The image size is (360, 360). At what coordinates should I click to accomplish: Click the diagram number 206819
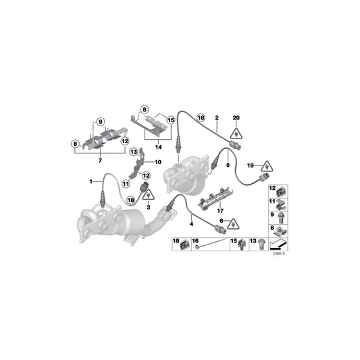pyautogui.click(x=279, y=254)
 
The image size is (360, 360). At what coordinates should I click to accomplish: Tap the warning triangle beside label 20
pyautogui.click(x=236, y=134)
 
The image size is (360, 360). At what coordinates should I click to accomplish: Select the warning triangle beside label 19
pyautogui.click(x=267, y=166)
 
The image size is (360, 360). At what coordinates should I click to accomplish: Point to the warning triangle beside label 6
pyautogui.click(x=233, y=224)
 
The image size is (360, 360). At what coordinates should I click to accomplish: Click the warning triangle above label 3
pyautogui.click(x=149, y=195)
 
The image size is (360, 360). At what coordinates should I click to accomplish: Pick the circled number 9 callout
pyautogui.click(x=101, y=122)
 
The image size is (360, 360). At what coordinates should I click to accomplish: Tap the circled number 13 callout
pyautogui.click(x=134, y=152)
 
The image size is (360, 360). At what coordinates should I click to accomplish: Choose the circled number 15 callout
pyautogui.click(x=171, y=120)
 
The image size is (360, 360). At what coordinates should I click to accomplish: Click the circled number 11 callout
pyautogui.click(x=126, y=184)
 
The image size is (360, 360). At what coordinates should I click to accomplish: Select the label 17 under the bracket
pyautogui.click(x=220, y=211)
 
